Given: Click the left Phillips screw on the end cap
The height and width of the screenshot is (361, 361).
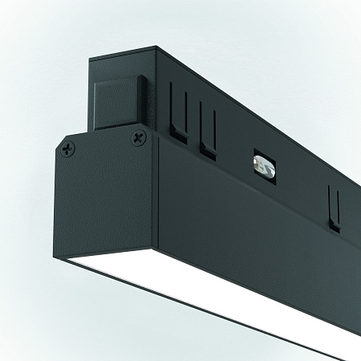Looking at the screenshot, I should point(69,148).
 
